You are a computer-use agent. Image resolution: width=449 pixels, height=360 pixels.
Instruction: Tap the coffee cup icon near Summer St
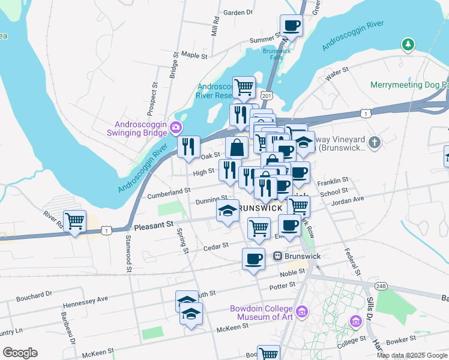pos(291,25)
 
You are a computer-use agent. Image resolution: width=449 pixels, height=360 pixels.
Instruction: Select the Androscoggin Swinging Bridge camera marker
pos(176,127)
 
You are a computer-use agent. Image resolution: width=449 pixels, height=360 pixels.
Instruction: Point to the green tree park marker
pos(408,44)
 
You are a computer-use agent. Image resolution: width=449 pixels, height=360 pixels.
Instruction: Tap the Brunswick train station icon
pos(278,256)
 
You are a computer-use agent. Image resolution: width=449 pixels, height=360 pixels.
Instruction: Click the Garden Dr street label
pos(238,12)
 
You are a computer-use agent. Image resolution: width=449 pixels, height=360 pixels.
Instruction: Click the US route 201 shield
pos(267,95)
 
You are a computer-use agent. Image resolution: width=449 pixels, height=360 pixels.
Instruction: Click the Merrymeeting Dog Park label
pos(409,85)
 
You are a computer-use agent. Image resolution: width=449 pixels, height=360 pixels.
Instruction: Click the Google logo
pos(20,353)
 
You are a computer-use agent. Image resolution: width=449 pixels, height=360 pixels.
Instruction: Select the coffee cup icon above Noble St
pos(253,259)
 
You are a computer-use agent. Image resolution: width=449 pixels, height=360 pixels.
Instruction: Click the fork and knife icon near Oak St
pos(189,146)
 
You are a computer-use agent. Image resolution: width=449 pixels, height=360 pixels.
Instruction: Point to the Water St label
pos(337,74)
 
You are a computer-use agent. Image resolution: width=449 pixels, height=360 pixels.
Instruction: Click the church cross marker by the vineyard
pos(375,142)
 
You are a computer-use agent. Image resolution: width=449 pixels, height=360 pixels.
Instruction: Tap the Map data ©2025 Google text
pos(412,355)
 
